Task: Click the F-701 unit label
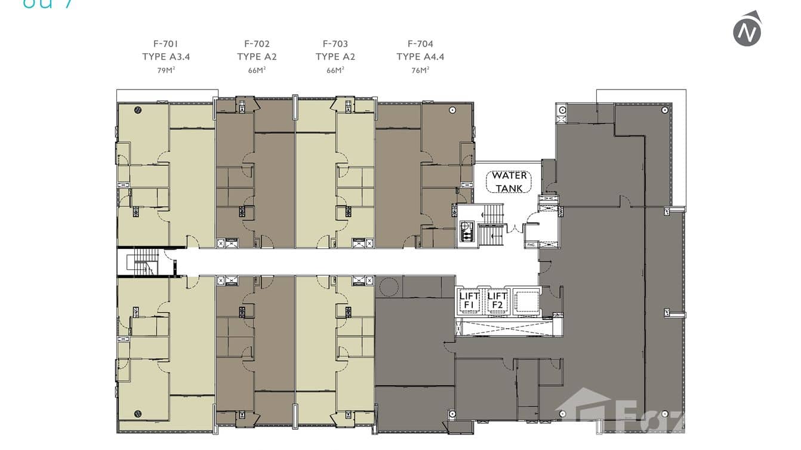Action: coord(165,44)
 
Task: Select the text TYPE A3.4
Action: coord(165,57)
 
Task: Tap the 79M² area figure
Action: coord(165,70)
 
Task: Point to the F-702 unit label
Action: coord(257,44)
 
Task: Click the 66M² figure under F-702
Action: coord(257,70)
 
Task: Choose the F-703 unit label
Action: coord(335,44)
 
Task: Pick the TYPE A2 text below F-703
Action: coord(335,57)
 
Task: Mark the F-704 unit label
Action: coord(420,44)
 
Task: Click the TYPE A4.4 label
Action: coord(420,57)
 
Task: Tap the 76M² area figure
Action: coord(420,70)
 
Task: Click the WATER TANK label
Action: coord(509,181)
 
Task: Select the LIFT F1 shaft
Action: coord(469,301)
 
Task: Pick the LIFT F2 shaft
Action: coord(497,301)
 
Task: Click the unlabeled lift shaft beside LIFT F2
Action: coord(525,300)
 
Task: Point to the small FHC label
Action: coord(531,245)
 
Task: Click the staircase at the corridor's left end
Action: coord(143,262)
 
